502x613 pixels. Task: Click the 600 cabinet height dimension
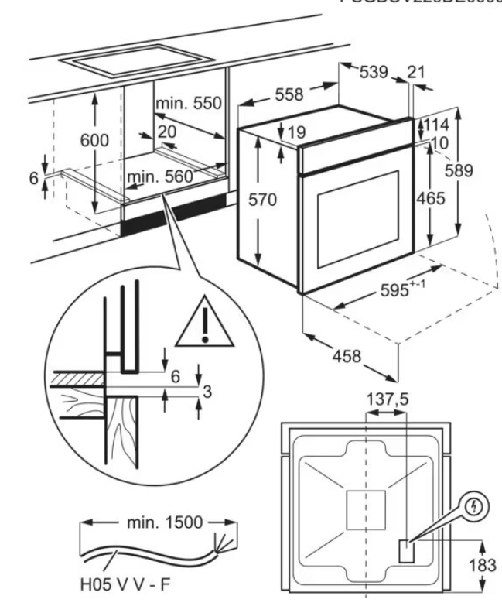pyautogui.click(x=96, y=140)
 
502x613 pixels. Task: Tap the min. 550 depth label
pyautogui.click(x=188, y=104)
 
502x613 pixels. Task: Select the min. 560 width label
pyautogui.click(x=159, y=177)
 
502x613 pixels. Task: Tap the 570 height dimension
pyautogui.click(x=261, y=200)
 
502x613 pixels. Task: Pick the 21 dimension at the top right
pyautogui.click(x=416, y=73)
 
